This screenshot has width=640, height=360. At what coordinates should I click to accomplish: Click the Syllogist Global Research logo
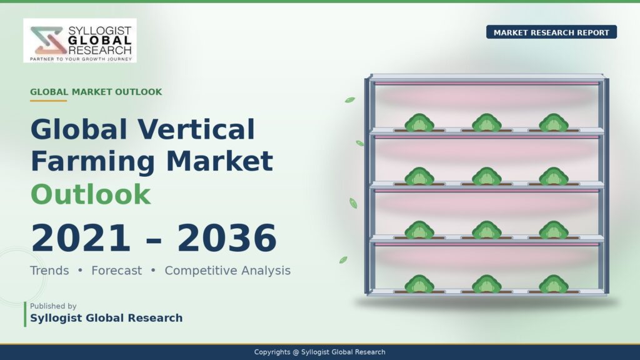(x=80, y=41)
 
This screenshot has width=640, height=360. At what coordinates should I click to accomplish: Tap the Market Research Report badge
(x=551, y=32)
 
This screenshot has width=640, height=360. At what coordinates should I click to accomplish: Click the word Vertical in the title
(x=196, y=129)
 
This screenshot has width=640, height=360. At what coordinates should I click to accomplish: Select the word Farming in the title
(x=92, y=162)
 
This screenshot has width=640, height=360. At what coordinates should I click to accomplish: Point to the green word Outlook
(x=91, y=194)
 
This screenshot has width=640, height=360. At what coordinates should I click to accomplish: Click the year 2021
(x=81, y=238)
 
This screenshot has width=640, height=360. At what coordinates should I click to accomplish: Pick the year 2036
(x=227, y=238)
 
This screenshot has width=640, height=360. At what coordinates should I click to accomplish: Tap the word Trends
(x=49, y=270)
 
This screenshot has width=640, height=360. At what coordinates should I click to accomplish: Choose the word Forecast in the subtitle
(x=117, y=270)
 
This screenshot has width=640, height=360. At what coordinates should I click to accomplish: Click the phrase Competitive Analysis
(x=227, y=270)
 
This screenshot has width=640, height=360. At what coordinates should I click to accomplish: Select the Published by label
(x=53, y=306)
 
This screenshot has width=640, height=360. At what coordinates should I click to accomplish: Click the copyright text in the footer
(x=319, y=352)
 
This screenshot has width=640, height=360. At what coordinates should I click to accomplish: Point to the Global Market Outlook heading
(x=96, y=92)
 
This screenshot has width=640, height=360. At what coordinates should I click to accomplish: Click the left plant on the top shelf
(x=419, y=123)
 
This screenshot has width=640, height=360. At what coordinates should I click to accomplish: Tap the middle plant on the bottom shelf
(x=486, y=284)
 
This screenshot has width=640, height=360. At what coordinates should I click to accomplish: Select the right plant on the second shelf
(x=554, y=176)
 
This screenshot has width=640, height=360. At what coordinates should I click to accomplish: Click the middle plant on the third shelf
(x=486, y=230)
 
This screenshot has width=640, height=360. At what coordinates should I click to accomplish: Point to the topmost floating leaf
(x=350, y=99)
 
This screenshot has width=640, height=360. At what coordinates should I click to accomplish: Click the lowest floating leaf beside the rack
(x=343, y=259)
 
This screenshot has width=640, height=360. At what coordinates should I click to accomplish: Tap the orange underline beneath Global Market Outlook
(x=48, y=101)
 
